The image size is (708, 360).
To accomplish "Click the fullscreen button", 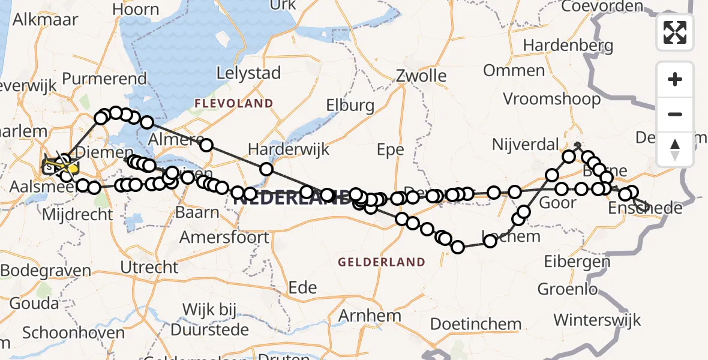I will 675,32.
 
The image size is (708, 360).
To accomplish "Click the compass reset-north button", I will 675,149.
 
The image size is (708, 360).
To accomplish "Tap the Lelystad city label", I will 248,74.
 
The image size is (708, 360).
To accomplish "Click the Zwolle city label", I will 421,76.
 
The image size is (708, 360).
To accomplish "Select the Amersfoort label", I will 224,238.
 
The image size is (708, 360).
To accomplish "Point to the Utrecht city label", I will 149,267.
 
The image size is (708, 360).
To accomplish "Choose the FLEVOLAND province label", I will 233,104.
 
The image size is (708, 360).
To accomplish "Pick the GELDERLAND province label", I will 382,262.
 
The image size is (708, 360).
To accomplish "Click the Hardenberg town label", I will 568,46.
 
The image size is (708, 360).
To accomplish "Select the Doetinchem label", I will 476,325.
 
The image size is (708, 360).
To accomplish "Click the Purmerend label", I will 104,79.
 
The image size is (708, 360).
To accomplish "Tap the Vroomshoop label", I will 551,99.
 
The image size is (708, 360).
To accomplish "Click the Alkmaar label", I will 45,19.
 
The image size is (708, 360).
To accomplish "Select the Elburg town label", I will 350,106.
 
